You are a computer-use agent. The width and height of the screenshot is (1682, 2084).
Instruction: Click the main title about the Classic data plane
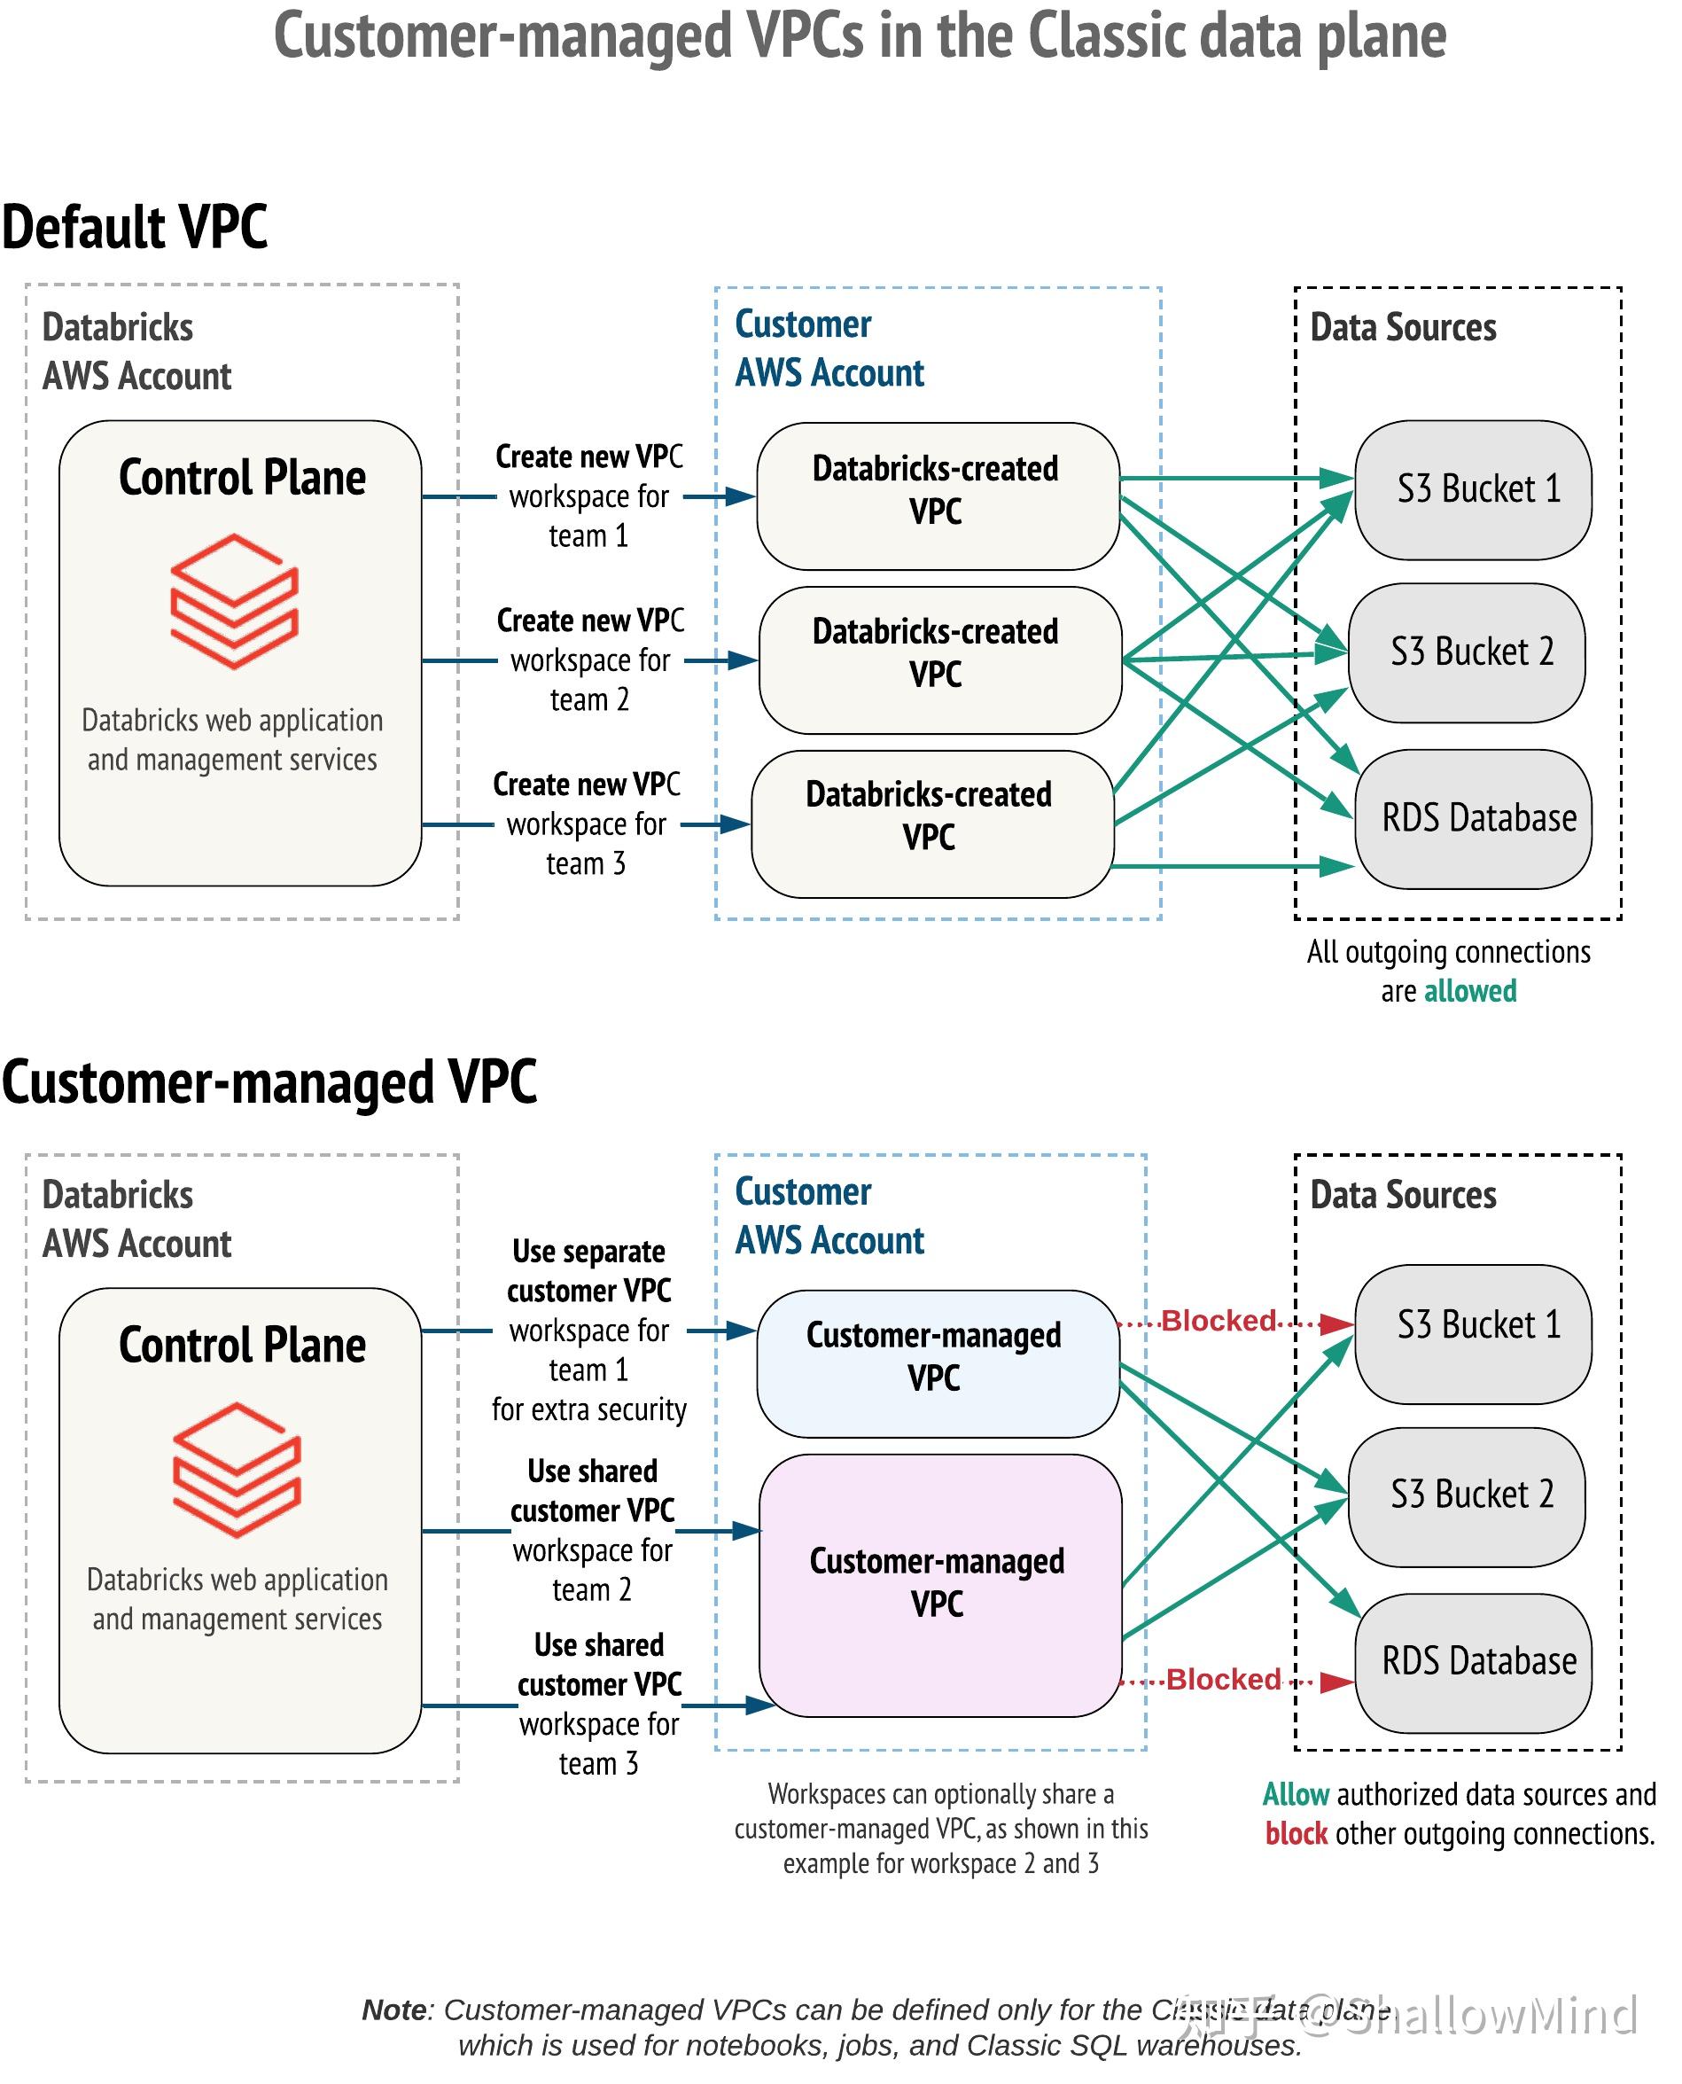click(860, 37)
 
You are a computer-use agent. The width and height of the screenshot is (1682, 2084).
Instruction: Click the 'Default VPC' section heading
click(135, 227)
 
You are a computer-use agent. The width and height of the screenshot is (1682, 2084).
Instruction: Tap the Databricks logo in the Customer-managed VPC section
click(237, 1470)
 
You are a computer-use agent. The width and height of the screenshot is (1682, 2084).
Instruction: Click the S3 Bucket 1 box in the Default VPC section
click(1473, 489)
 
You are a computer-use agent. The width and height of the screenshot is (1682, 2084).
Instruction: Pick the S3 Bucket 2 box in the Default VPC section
click(1467, 652)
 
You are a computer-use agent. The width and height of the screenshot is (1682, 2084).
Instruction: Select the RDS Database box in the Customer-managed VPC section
click(1473, 1661)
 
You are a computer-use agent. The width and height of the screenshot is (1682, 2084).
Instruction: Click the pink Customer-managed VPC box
click(940, 1584)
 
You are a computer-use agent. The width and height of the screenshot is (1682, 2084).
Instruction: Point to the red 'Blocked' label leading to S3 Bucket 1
click(1218, 1320)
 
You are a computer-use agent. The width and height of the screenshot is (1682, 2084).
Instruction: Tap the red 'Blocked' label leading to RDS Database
click(1223, 1679)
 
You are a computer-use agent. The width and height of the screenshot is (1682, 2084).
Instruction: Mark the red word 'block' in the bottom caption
click(1297, 1834)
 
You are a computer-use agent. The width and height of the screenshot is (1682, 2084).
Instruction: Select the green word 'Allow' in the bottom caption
click(1296, 1794)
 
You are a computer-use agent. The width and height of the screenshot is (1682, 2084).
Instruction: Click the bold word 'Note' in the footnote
click(393, 2010)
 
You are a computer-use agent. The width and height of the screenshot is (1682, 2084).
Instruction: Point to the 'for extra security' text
click(589, 1409)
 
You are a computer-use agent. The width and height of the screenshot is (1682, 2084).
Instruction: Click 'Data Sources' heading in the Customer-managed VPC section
click(1403, 1195)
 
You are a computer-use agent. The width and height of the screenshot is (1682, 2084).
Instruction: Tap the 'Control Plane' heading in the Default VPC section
click(242, 477)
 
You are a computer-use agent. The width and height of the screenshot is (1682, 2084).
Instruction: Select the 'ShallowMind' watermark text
click(1492, 2016)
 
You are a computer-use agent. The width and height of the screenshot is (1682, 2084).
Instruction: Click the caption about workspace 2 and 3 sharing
click(940, 1828)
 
